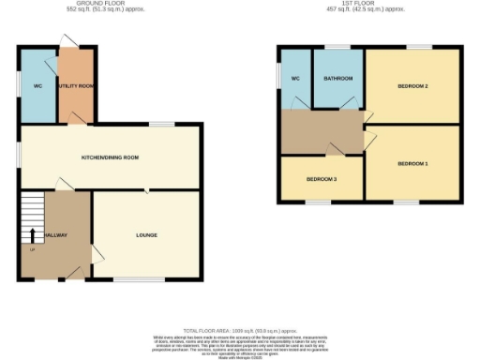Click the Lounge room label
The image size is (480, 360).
pos(145,234)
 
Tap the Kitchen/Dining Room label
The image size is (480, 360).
pos(110,157)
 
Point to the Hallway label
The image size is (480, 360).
pos(53,234)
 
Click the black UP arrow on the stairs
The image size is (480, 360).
pos(33,234)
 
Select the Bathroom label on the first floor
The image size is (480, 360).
pos(337,79)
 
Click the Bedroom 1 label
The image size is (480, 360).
pos(412,164)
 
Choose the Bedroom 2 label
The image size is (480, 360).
pos(412,86)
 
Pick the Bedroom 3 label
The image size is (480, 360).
pos(322,178)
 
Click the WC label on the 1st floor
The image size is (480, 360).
pos(294,79)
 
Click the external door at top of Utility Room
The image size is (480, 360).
pos(68,40)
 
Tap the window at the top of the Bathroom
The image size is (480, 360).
pos(337,46)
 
